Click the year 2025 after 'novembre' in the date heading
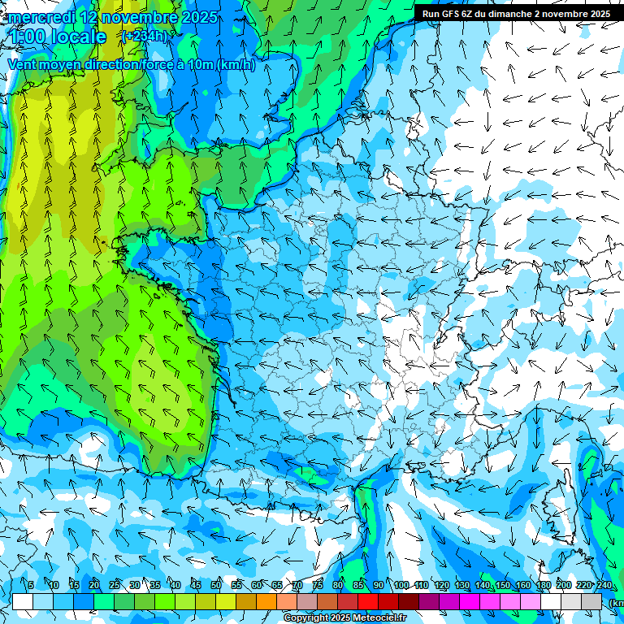click(199, 17)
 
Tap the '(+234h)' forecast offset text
click(145, 36)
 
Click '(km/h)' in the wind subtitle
click(236, 65)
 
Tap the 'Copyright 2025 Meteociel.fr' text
click(345, 617)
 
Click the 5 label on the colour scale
click(31, 586)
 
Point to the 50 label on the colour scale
click(216, 586)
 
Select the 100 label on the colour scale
click(401, 586)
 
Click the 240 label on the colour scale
click(604, 586)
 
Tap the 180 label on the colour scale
click(543, 586)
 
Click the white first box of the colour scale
click(22, 601)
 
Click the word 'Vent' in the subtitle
click(23, 65)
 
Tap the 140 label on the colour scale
click(482, 586)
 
